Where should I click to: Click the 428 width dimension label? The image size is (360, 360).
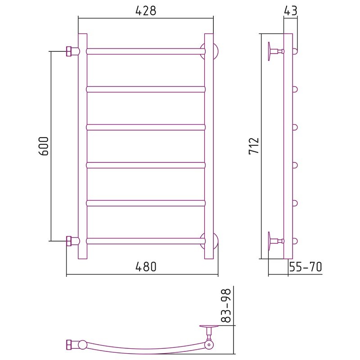pyautogui.click(x=146, y=11)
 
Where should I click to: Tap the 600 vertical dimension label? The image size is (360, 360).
pyautogui.click(x=44, y=146)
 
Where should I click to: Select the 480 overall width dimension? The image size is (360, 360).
pyautogui.click(x=146, y=267)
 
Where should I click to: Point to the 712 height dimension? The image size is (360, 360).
pyautogui.click(x=254, y=146)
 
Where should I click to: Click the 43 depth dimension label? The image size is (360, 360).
pyautogui.click(x=290, y=11)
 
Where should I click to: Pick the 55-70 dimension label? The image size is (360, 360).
pyautogui.click(x=306, y=267)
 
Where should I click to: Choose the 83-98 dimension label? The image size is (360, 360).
pyautogui.click(x=226, y=306)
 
